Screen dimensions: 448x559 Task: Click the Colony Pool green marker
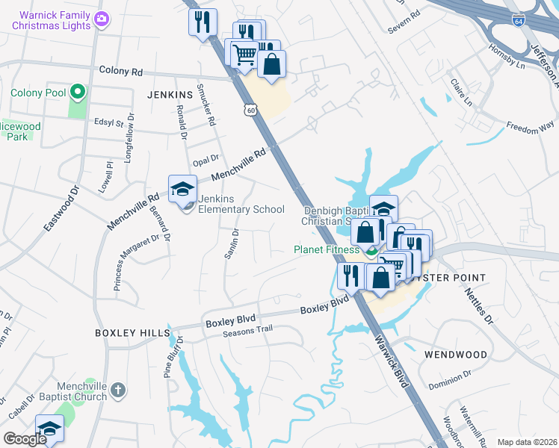[77, 93]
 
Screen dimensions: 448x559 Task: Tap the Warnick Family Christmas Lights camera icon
[103, 20]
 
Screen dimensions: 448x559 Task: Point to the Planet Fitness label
[327, 250]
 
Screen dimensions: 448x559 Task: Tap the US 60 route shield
[250, 111]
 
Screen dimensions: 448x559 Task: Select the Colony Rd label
[121, 72]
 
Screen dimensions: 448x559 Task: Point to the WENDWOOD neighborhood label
[456, 355]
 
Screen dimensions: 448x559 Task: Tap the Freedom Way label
[531, 128]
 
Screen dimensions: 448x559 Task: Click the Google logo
[25, 439]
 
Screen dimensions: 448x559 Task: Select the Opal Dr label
[205, 158]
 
